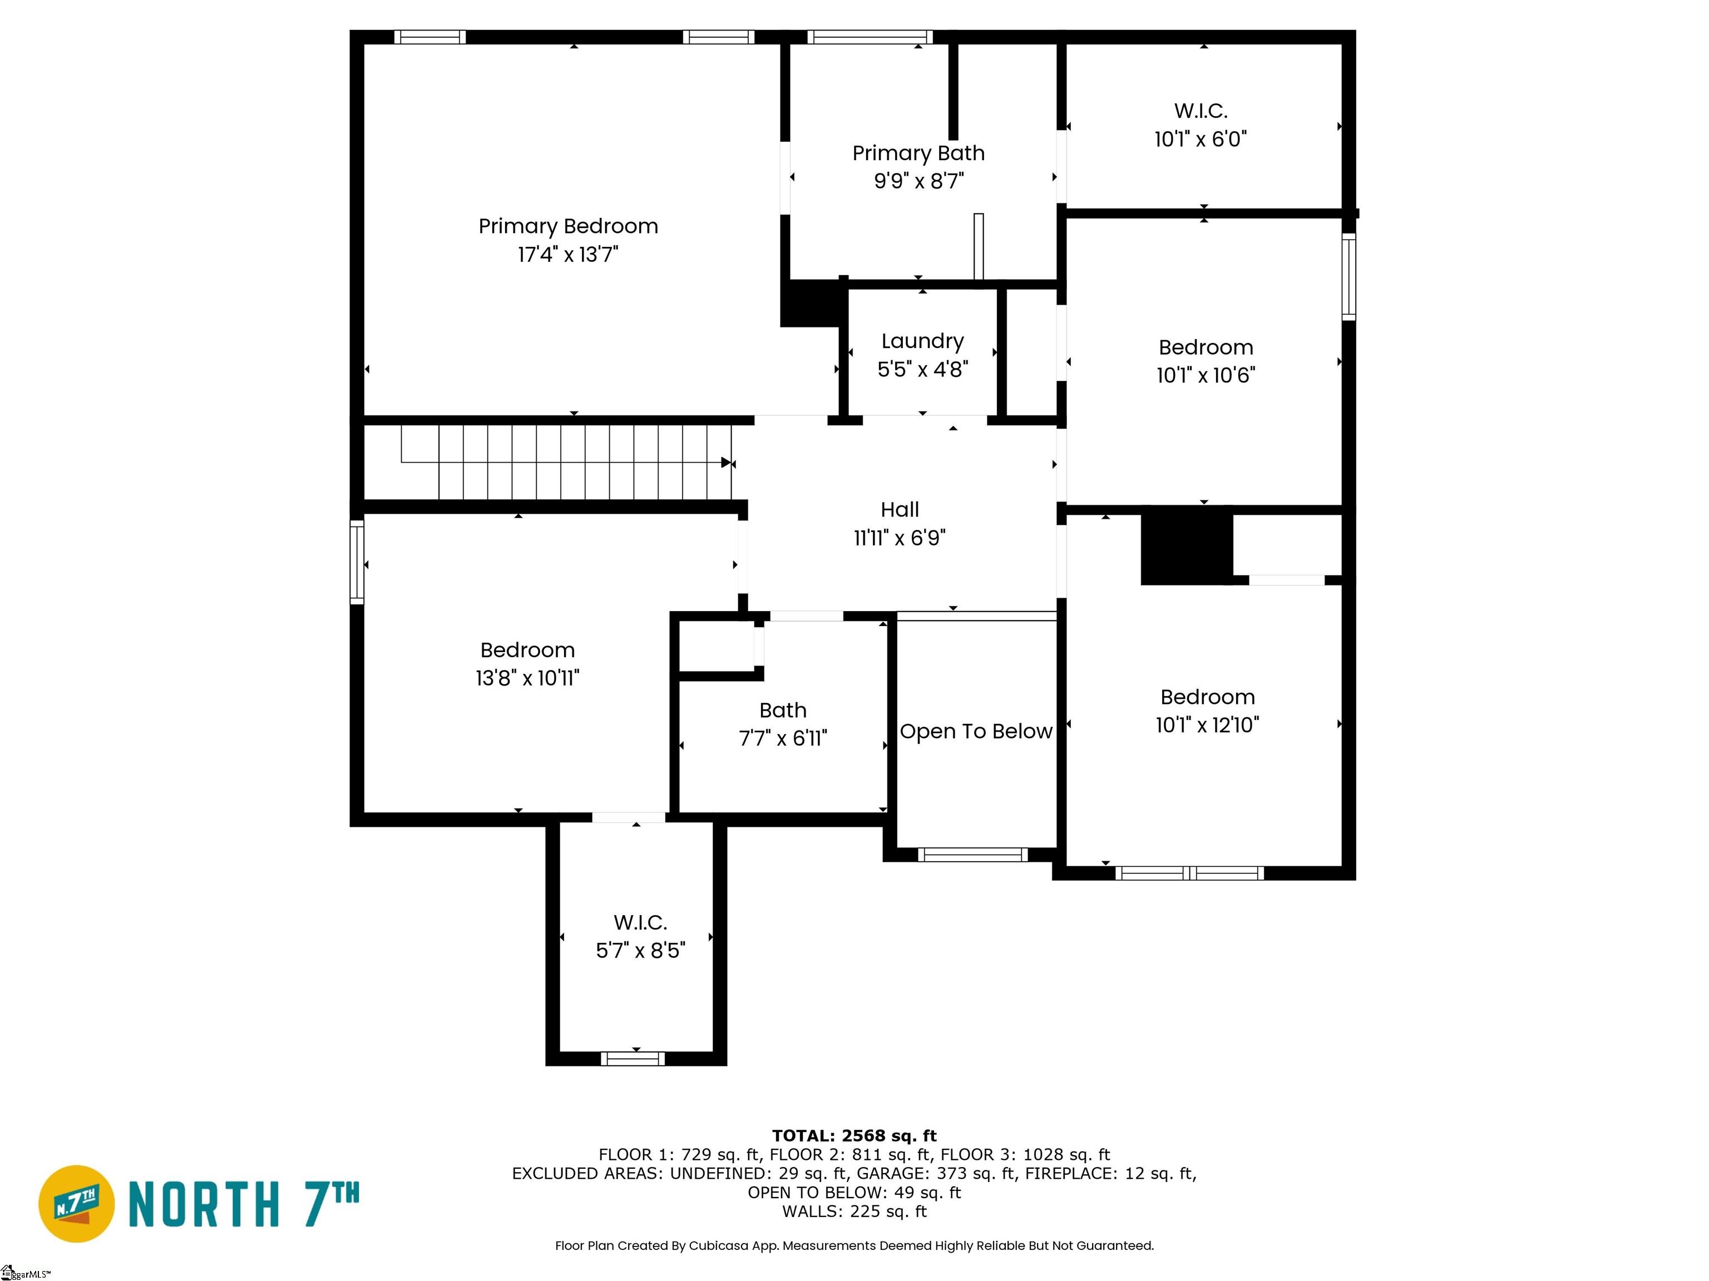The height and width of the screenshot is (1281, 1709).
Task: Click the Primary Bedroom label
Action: click(568, 226)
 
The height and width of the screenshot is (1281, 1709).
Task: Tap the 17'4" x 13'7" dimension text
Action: click(568, 254)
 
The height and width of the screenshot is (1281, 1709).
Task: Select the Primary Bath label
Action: click(918, 153)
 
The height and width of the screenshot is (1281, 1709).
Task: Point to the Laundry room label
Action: click(922, 341)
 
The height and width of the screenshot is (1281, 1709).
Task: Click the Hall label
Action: click(900, 510)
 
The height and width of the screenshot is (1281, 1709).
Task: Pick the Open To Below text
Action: click(976, 731)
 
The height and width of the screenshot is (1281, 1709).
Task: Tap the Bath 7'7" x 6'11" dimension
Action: click(783, 738)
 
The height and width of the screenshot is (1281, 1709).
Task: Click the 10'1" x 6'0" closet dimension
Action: click(1201, 139)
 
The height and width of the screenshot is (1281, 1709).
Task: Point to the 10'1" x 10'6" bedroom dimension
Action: click(1206, 375)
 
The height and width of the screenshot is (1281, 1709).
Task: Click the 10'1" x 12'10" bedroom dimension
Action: click(1207, 725)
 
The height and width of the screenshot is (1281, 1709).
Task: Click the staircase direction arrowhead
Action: click(726, 463)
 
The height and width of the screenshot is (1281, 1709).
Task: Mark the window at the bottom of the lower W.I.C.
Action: click(633, 1058)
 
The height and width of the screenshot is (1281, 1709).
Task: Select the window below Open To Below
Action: click(972, 854)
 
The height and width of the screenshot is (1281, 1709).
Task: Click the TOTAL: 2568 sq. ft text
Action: click(854, 1135)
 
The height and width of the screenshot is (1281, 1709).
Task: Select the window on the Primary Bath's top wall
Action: click(870, 37)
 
